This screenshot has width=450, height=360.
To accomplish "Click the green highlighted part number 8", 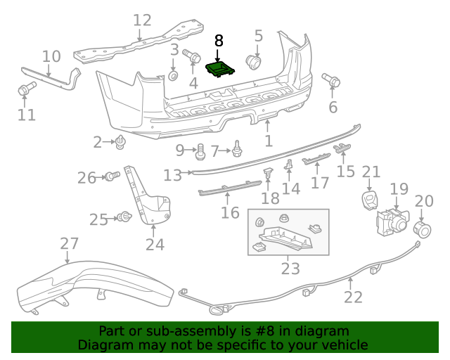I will (219, 70).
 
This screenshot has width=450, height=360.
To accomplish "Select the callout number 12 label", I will (142, 20).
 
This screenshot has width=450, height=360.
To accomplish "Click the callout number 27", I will (69, 244).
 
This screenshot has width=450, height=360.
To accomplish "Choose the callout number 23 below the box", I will (290, 268).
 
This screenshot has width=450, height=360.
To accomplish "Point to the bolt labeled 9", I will (200, 150).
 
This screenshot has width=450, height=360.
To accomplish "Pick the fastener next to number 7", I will (238, 149).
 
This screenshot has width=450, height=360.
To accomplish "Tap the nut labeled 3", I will (174, 75).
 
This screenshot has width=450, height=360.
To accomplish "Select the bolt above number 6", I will (330, 81).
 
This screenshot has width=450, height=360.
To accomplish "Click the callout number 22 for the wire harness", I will (353, 297).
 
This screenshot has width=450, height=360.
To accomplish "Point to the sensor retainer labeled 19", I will (389, 221).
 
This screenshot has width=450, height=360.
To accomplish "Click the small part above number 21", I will (369, 200).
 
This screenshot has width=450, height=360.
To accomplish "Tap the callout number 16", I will (230, 212).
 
